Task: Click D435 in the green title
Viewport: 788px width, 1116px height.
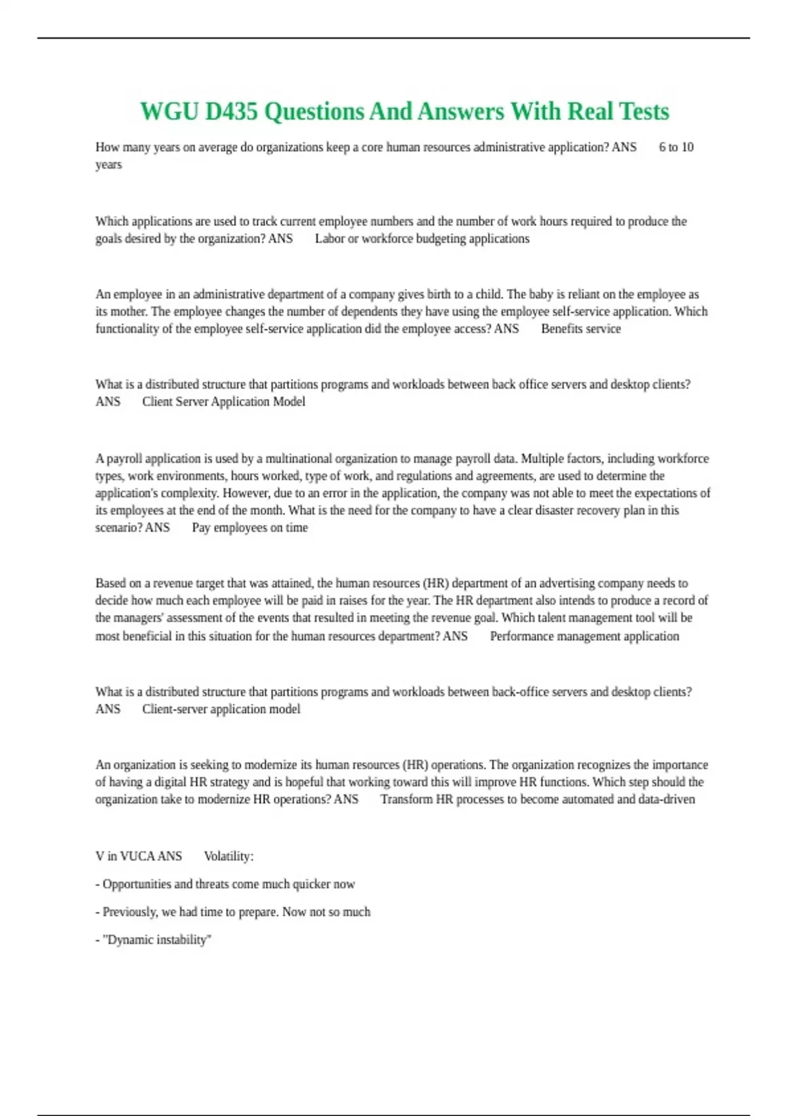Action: pyautogui.click(x=231, y=112)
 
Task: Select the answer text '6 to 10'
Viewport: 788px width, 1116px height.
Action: pyautogui.click(x=676, y=147)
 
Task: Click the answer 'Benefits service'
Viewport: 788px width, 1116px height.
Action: pyautogui.click(x=580, y=328)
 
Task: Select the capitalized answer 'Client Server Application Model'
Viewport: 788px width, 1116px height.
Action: pyautogui.click(x=223, y=401)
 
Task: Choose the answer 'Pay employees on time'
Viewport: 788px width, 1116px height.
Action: pyautogui.click(x=250, y=527)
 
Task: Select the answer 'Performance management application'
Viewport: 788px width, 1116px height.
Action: pyautogui.click(x=584, y=635)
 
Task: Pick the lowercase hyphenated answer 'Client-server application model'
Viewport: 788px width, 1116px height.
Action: pyautogui.click(x=221, y=709)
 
